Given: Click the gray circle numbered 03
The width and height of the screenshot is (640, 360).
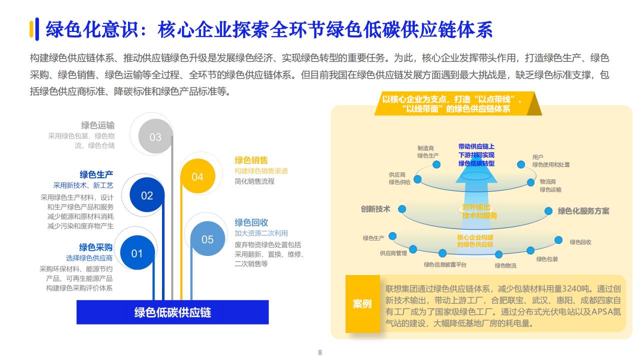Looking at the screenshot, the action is tap(155, 136).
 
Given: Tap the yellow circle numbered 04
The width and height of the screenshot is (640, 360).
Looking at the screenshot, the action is tap(197, 176).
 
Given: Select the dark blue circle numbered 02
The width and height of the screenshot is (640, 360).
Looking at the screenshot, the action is tap(147, 195).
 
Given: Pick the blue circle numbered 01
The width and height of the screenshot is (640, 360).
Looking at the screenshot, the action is tap(137, 252).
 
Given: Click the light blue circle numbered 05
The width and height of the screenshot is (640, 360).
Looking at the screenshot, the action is tap(207, 238).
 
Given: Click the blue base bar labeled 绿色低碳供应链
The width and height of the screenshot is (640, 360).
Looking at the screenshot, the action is tap(172, 312).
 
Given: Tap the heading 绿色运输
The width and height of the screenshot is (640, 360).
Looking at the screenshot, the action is tap(97, 125).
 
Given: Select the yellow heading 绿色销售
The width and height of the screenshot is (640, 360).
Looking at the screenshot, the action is tap(251, 160).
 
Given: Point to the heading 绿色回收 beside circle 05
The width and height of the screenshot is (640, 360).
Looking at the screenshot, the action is tap(251, 222).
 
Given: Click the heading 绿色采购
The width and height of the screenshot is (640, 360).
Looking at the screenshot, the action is tap(95, 247).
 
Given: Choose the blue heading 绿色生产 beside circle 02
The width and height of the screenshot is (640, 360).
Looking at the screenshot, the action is tap(96, 174).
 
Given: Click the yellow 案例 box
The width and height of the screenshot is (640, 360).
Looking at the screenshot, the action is tap(362, 304).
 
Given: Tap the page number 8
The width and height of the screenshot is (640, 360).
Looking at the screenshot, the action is tap(320, 352).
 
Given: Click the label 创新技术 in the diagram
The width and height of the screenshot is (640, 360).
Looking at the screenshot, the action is tap(375, 209).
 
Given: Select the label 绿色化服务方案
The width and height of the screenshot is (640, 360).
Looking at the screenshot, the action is tap(583, 211).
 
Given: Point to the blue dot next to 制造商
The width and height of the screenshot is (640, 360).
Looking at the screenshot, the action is tap(436, 164).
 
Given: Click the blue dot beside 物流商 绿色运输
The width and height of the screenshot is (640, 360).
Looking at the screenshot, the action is tap(530, 182).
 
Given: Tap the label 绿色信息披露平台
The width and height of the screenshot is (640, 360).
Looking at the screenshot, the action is tap(445, 265).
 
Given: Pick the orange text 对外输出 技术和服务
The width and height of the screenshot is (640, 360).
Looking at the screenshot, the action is tap(479, 211).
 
